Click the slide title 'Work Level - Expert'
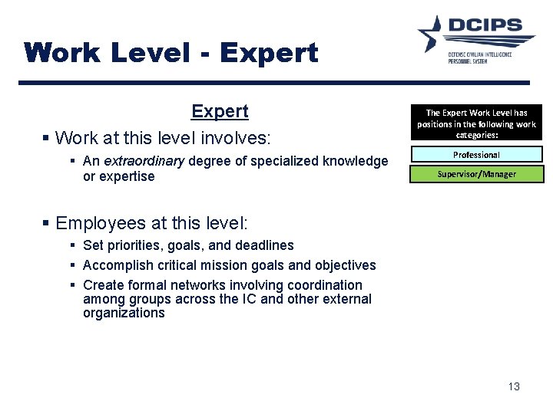171,53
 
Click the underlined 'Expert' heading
220,112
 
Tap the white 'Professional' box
476,154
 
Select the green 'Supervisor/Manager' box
476,174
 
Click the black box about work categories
476,123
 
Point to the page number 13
514,386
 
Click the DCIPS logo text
492,28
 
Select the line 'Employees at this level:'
152,223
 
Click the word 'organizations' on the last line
124,313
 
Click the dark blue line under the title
276,83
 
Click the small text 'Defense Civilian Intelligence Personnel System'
480,58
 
